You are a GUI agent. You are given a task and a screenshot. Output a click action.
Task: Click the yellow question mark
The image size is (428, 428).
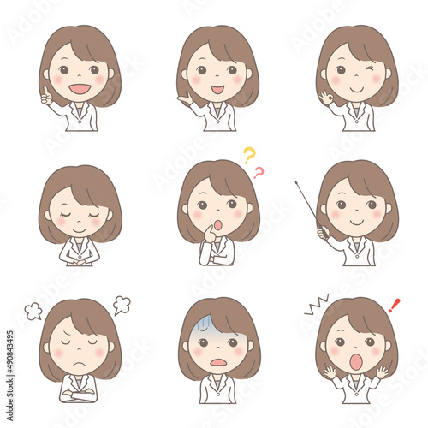(249, 154)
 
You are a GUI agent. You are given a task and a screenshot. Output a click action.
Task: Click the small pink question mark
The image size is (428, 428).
(259, 172)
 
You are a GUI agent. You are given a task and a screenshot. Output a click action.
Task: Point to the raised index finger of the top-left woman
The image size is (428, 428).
(45, 92)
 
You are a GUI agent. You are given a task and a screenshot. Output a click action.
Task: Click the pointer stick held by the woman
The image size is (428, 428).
(308, 205)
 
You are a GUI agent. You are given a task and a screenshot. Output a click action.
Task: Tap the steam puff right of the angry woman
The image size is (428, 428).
(122, 304)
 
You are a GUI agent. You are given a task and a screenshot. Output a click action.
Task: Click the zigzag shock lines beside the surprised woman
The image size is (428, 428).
(316, 303)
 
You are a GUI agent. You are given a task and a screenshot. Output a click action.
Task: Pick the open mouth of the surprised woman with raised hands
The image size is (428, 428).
(356, 362)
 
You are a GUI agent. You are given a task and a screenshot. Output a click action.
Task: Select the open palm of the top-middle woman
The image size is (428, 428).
(183, 98)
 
